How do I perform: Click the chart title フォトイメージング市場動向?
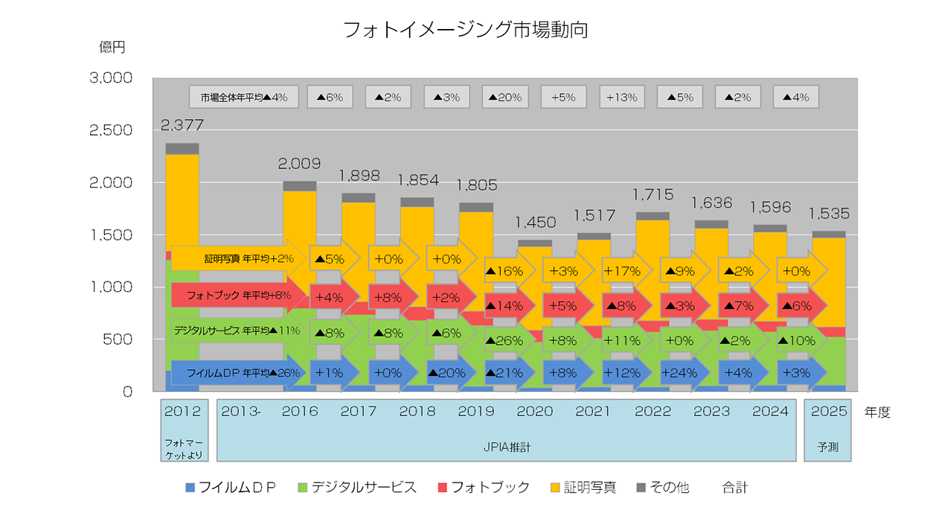[x=465, y=29]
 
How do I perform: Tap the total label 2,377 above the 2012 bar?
[x=182, y=124]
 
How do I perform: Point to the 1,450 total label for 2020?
[x=535, y=222]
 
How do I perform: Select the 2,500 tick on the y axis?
[x=109, y=130]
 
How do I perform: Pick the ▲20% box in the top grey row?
[x=505, y=97]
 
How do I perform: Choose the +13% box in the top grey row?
[x=622, y=97]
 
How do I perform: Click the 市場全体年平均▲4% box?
[x=243, y=97]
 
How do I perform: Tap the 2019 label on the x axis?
[x=476, y=411]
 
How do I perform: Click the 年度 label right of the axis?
[x=877, y=412]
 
